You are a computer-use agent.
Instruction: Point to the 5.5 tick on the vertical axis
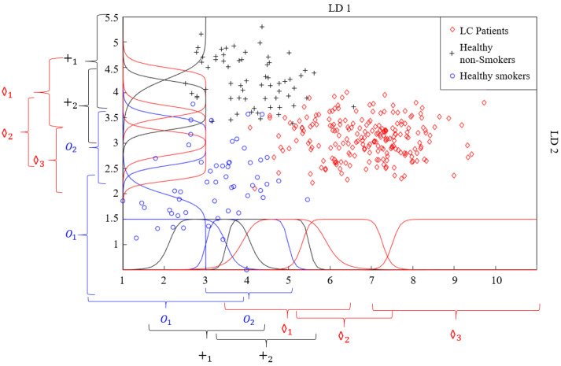coord(111,17)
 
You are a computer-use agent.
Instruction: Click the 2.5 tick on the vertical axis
coord(111,168)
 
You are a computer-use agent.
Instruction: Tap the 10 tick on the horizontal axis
coord(496,279)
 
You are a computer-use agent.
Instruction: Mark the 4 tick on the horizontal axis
coord(247,279)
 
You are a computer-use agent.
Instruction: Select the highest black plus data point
coord(261,27)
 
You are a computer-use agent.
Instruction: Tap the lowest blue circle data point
coord(246,269)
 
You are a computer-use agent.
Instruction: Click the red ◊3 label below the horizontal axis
coord(455,335)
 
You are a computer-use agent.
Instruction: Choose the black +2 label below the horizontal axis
coord(266,356)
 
